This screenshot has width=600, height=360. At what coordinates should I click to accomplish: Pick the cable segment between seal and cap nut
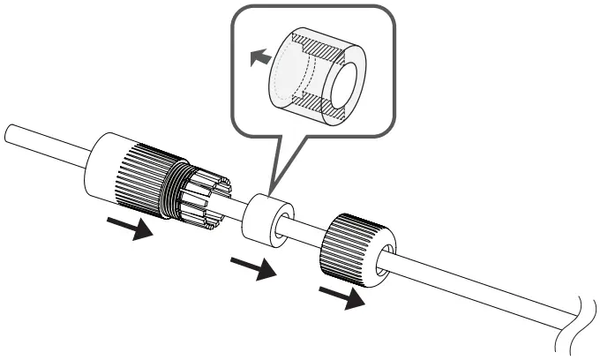click(x=304, y=231)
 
